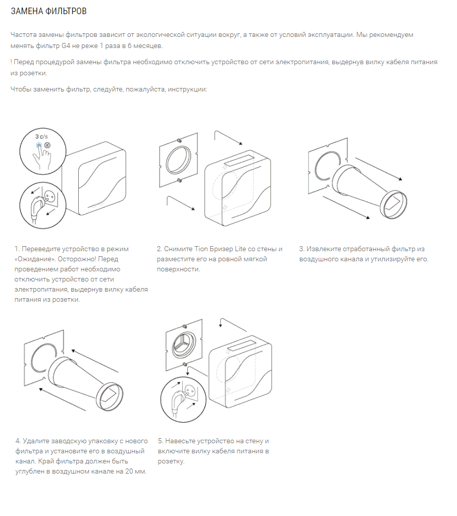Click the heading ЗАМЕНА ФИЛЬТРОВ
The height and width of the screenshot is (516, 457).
click(x=45, y=11)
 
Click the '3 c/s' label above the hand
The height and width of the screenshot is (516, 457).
click(x=41, y=137)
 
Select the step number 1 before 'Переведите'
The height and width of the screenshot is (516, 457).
click(x=17, y=249)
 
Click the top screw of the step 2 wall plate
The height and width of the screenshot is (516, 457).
click(x=179, y=140)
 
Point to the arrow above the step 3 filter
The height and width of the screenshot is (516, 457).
click(x=378, y=169)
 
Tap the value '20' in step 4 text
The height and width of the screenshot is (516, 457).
click(x=123, y=471)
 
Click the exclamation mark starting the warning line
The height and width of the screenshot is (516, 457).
click(x=11, y=62)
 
